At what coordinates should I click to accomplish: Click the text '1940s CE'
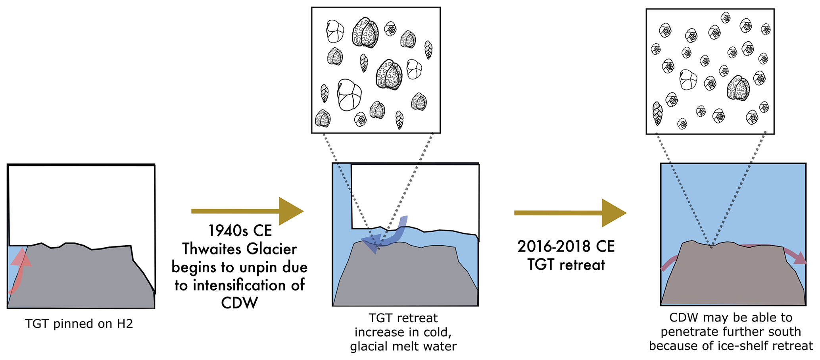coord(240,231)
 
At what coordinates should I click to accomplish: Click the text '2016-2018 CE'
coord(566,246)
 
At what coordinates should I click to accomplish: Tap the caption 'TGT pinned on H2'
coord(79,324)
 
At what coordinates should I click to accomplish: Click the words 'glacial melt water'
coord(403,347)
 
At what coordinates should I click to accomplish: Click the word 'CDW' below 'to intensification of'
coord(239,303)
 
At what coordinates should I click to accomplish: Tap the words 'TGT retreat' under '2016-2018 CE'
coord(566,265)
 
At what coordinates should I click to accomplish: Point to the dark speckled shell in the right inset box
coord(738,88)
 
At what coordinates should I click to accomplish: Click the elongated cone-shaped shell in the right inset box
coord(657,114)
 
